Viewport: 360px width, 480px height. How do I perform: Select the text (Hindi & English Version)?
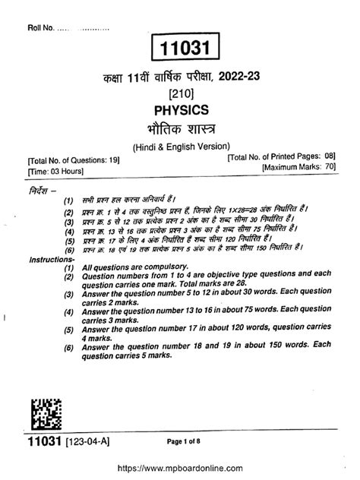click(x=180, y=146)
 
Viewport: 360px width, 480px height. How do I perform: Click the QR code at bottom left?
click(x=46, y=415)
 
